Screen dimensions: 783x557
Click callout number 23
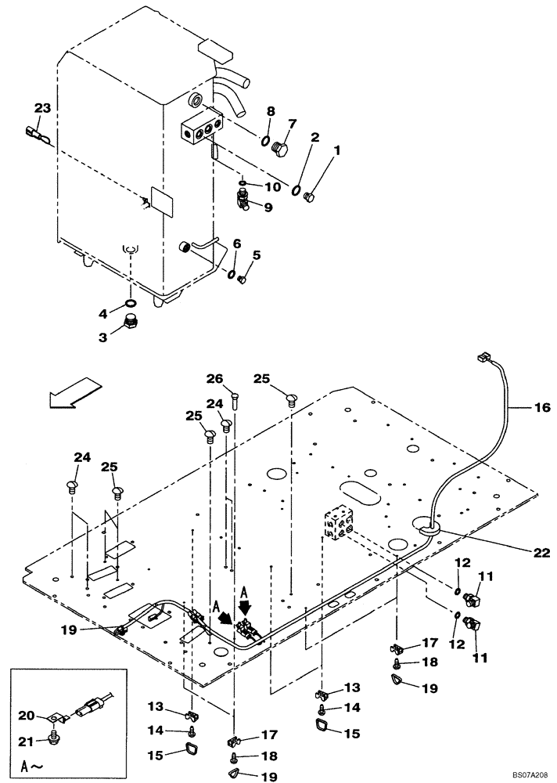click(x=42, y=108)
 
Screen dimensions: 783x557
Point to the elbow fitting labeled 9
click(x=245, y=204)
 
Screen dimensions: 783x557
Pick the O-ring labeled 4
click(x=131, y=304)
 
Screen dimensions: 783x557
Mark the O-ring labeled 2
click(x=297, y=189)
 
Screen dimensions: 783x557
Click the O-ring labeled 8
click(x=266, y=143)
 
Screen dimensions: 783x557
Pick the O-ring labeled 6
click(x=232, y=273)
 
